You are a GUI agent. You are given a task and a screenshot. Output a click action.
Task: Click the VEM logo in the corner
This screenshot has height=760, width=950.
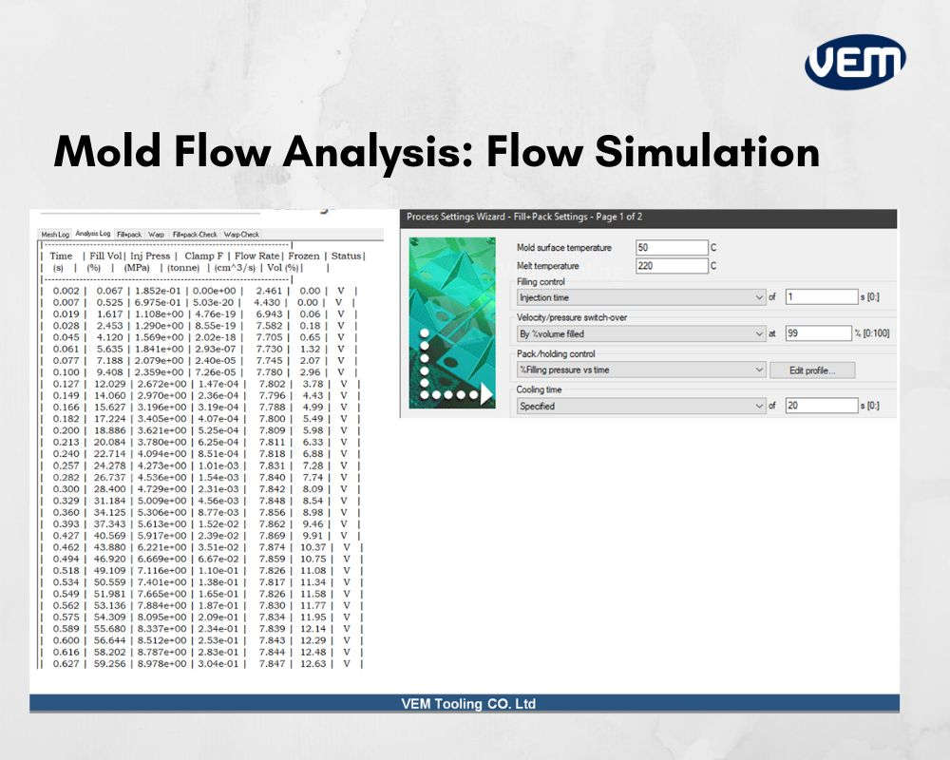[855, 62]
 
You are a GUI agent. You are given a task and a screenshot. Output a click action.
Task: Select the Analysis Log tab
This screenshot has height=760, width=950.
[93, 234]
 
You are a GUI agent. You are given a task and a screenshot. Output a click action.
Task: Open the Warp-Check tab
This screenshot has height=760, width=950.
[241, 234]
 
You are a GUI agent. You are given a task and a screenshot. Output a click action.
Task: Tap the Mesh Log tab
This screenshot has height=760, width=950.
[54, 234]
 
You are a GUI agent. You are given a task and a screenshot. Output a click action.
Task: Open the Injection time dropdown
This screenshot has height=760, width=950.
[641, 297]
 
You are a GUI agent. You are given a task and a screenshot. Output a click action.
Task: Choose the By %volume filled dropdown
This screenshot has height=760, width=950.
[641, 333]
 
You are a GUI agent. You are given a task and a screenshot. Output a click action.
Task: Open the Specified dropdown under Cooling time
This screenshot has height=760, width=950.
[641, 406]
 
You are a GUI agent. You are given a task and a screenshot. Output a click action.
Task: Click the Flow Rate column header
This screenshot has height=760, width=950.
[258, 256]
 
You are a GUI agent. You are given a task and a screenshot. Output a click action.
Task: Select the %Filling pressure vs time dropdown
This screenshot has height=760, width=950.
[641, 370]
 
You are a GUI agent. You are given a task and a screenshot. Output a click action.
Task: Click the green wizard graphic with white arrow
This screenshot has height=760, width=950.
[451, 323]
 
